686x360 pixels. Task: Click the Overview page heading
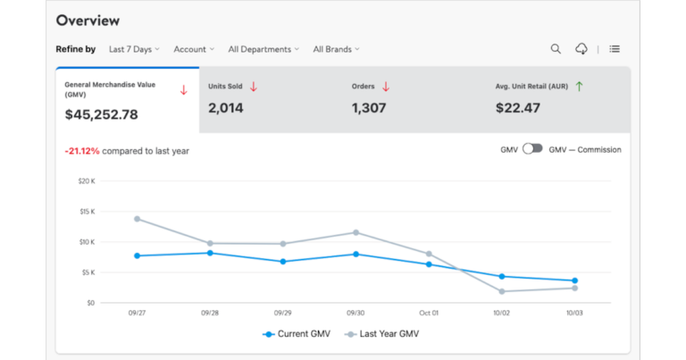tap(88, 21)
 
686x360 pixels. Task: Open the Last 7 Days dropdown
tap(134, 49)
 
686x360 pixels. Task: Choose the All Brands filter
tap(336, 49)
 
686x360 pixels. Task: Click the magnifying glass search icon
tap(556, 49)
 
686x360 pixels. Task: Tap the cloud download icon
tap(581, 49)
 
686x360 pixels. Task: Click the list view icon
tap(615, 49)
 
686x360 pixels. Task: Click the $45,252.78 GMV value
tap(101, 114)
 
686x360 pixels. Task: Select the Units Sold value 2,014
tap(227, 108)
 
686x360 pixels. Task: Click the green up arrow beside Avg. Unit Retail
tap(579, 87)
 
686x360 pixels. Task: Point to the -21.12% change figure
tap(81, 151)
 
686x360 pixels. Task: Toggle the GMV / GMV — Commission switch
tap(532, 149)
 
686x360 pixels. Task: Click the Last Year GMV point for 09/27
tap(137, 219)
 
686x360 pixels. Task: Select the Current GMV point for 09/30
tap(356, 255)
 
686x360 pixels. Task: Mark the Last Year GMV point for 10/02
tap(502, 291)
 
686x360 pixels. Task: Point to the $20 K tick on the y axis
tap(87, 181)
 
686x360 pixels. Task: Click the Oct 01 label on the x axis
tap(429, 314)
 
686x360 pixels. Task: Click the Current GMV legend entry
tap(298, 334)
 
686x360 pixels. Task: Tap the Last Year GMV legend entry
tap(382, 334)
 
